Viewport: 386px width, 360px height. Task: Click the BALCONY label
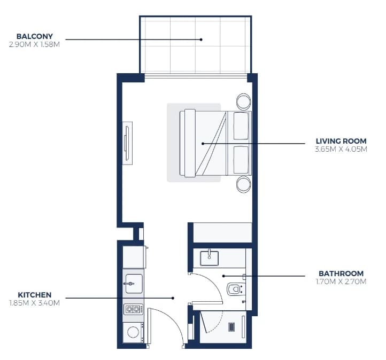34,36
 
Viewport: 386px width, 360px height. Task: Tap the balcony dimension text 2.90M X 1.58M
34,44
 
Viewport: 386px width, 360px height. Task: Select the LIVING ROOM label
341,141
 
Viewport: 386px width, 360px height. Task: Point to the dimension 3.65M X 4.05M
341,149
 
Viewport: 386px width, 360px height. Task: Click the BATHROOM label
341,273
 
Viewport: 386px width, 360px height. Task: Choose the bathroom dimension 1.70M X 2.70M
341,281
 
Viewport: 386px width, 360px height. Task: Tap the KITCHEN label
34,295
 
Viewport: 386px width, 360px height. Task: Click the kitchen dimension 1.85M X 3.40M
34,303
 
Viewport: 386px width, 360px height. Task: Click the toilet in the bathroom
236,289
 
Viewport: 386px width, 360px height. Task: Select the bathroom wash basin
209,257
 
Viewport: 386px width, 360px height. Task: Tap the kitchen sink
134,284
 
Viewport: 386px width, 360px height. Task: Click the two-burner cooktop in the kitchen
133,309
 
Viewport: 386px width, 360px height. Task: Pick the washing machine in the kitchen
133,332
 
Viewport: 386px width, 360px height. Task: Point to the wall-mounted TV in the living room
127,143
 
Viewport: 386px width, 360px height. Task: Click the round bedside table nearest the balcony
243,101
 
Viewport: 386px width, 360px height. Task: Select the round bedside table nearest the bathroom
243,184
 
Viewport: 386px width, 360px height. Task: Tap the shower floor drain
231,327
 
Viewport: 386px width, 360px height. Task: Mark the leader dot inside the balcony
201,40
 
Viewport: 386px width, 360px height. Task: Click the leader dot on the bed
203,144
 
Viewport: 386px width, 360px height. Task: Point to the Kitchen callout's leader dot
173,298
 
